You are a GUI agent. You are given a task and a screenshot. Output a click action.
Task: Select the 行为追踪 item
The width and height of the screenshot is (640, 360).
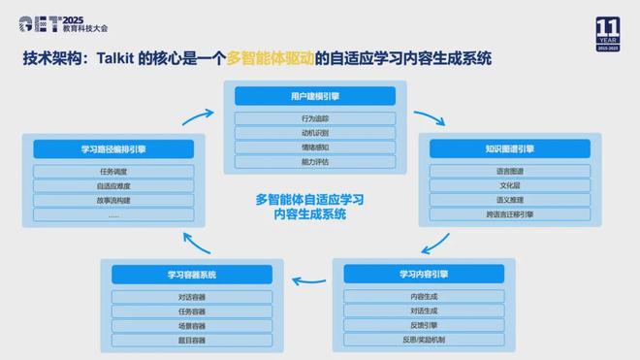(x=315, y=118)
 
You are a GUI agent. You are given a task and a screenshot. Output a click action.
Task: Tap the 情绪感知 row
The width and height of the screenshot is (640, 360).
(x=315, y=147)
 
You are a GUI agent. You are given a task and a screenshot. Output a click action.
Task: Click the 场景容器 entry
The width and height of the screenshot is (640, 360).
(x=192, y=326)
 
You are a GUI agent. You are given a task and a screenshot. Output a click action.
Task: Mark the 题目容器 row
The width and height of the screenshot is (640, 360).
(x=192, y=341)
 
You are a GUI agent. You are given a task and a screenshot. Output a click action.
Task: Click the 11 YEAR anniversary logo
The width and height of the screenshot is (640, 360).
(x=607, y=33)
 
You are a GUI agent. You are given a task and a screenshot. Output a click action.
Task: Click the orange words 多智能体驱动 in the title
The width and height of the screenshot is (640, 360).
(x=274, y=58)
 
